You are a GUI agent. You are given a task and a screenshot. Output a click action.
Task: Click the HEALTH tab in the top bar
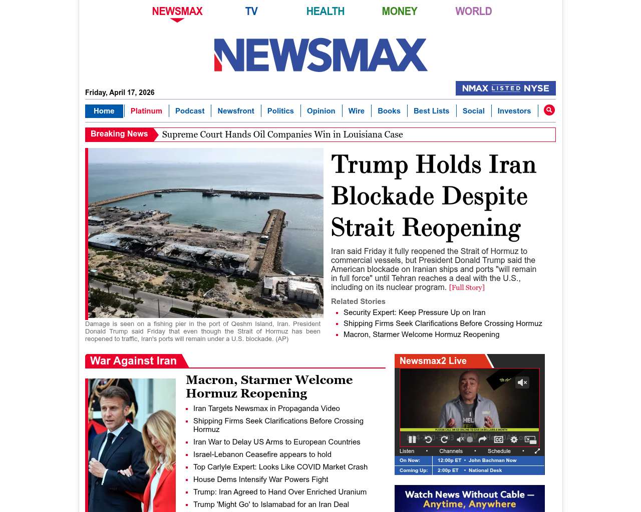[x=325, y=11]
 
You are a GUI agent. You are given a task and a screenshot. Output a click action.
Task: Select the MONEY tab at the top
[x=399, y=11]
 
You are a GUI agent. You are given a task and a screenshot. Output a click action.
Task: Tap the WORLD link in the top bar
[x=473, y=11]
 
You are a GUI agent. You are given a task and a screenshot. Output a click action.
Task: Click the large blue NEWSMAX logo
[x=320, y=55]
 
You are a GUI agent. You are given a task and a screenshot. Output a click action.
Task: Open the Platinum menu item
[x=146, y=111]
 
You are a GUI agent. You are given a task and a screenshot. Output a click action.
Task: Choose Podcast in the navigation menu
[x=190, y=111]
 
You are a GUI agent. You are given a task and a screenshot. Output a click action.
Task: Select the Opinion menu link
[x=321, y=111]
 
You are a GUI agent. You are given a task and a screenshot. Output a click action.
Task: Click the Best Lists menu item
[x=431, y=111]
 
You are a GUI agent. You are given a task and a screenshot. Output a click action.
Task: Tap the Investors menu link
[x=514, y=111]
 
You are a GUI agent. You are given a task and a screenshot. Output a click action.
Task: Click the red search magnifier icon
[x=549, y=110]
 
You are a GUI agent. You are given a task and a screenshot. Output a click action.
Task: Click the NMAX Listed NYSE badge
[x=505, y=88]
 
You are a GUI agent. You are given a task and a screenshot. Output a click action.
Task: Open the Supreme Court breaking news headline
[x=282, y=134]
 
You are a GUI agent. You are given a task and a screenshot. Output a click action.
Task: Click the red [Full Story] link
[x=467, y=287]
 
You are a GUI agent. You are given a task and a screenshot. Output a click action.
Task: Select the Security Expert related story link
[x=414, y=312]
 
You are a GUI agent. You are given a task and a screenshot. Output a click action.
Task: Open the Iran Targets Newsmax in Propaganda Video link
[x=266, y=408]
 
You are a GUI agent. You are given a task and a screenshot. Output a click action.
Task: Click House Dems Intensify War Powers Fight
[x=260, y=479]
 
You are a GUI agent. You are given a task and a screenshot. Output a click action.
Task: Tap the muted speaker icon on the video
[x=522, y=382]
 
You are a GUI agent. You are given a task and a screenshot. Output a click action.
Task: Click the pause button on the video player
[x=412, y=439]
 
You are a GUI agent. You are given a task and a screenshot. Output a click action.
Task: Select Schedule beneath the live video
[x=499, y=451]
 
